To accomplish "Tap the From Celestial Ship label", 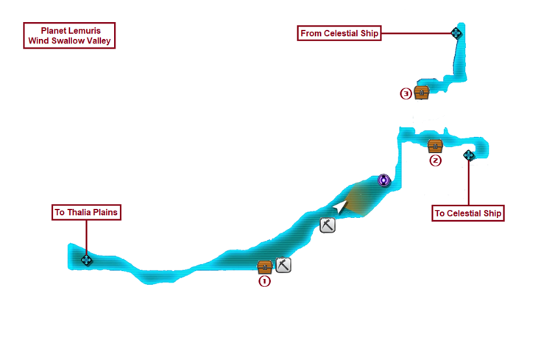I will pyautogui.click(x=340, y=33).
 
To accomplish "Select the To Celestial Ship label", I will pyautogui.click(x=468, y=213).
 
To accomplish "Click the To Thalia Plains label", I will pyautogui.click(x=86, y=213).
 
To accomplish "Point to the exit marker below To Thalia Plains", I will pyautogui.click(x=86, y=260).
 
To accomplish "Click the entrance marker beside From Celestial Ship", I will pyautogui.click(x=456, y=32).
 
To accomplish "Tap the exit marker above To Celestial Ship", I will pyautogui.click(x=469, y=155).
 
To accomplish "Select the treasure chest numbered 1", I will pyautogui.click(x=265, y=266).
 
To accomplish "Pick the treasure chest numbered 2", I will pyautogui.click(x=435, y=145).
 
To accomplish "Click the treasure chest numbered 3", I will pyautogui.click(x=422, y=93).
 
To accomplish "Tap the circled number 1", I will pyautogui.click(x=264, y=280).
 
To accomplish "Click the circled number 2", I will pyautogui.click(x=435, y=160).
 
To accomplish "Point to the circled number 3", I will pyautogui.click(x=406, y=93).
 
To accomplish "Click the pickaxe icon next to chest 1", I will pyautogui.click(x=283, y=264).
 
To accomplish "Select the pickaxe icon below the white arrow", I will pyautogui.click(x=328, y=226).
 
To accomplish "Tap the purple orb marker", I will pyautogui.click(x=383, y=180).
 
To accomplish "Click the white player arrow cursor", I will pyautogui.click(x=339, y=208).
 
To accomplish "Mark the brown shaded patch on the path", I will pyautogui.click(x=361, y=199).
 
